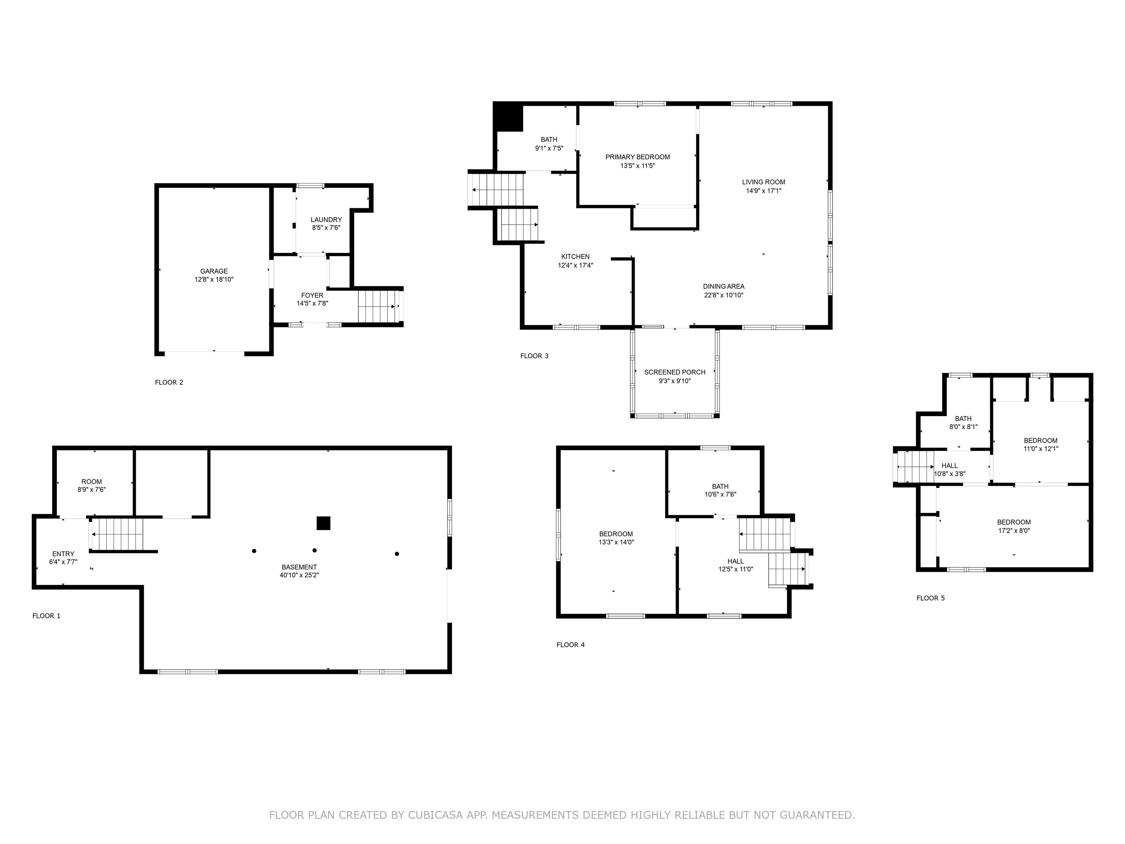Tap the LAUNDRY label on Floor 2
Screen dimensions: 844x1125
pyautogui.click(x=326, y=220)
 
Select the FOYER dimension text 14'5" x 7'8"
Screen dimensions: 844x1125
pyautogui.click(x=312, y=304)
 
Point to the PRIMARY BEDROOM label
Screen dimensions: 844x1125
pyautogui.click(x=637, y=157)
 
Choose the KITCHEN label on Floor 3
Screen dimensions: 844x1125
pyautogui.click(x=575, y=257)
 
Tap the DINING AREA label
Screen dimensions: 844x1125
pyautogui.click(x=723, y=286)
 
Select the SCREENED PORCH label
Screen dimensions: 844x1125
pyautogui.click(x=675, y=373)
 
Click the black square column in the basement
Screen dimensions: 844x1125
pyautogui.click(x=323, y=523)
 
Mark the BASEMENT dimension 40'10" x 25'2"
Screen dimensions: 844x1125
pyautogui.click(x=299, y=575)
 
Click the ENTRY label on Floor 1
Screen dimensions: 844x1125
pyautogui.click(x=63, y=554)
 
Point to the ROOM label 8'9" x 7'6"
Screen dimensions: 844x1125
pyautogui.click(x=92, y=482)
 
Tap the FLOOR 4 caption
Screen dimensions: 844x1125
pyautogui.click(x=570, y=645)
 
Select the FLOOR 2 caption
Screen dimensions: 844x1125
pyautogui.click(x=169, y=382)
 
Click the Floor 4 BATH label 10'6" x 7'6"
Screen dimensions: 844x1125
pyautogui.click(x=720, y=487)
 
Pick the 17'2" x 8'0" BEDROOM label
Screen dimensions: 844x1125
pyautogui.click(x=1014, y=522)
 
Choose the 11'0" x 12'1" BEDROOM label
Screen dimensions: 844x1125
pyautogui.click(x=1040, y=441)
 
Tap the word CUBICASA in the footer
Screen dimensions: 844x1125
pyautogui.click(x=435, y=815)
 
